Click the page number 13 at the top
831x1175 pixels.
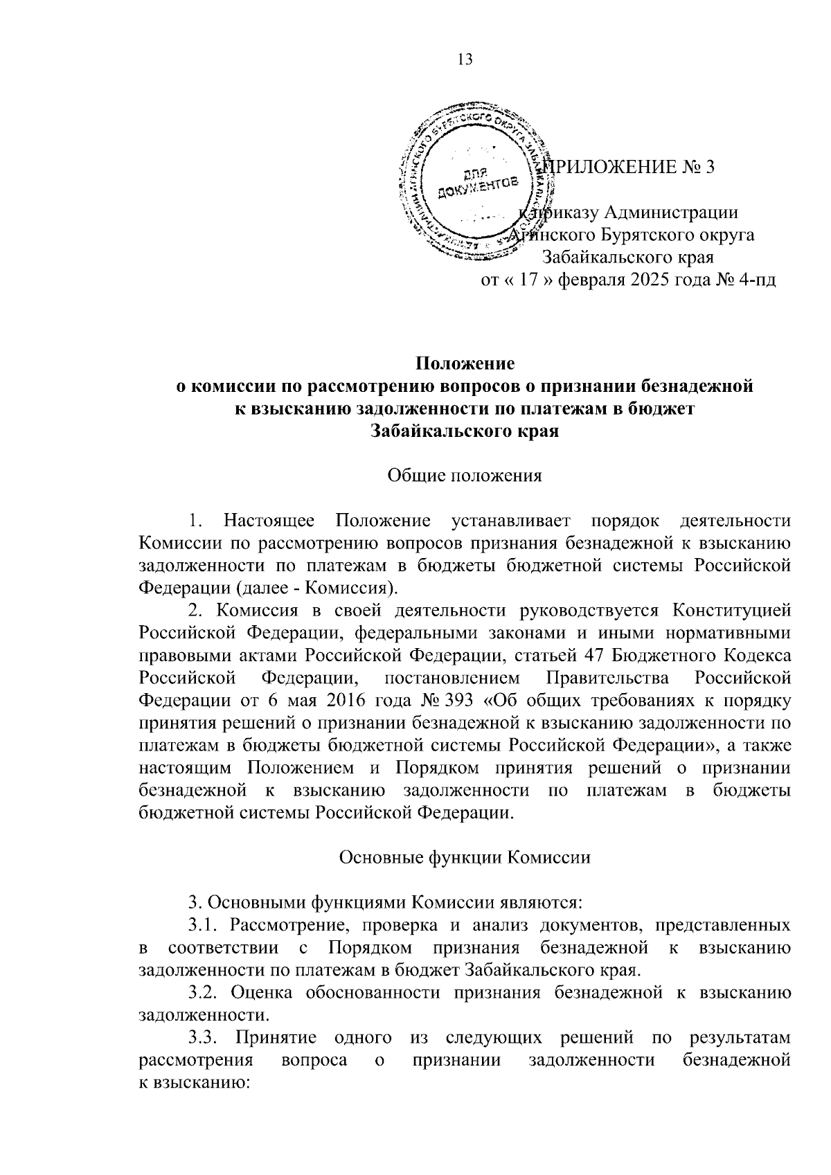click(465, 60)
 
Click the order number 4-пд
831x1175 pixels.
click(757, 280)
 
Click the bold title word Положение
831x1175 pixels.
click(465, 363)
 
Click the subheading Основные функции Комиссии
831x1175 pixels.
click(465, 857)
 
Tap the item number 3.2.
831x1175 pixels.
click(204, 992)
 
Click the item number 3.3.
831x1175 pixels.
click(204, 1037)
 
